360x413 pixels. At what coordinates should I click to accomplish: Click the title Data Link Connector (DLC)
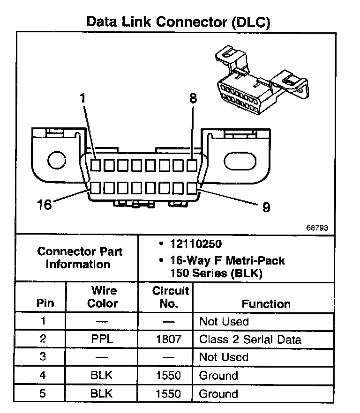coord(179,22)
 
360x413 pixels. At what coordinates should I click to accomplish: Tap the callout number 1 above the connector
coord(82,98)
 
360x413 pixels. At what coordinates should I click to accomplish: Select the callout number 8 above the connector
coord(193,98)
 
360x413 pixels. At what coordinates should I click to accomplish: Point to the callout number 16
coord(45,205)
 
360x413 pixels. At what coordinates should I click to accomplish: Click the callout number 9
coord(266,206)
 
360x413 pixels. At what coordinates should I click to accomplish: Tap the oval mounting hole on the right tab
coord(240,161)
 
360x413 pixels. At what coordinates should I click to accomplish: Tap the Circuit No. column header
coord(170,297)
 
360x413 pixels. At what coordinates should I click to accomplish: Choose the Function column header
coord(266,303)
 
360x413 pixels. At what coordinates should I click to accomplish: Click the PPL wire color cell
coord(102,339)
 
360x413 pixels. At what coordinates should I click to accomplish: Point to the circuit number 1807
coord(168,339)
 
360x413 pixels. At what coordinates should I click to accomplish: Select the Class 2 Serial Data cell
coord(250,339)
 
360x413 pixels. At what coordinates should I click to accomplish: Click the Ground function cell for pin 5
coord(218,393)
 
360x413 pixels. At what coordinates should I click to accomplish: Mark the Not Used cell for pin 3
coord(224,357)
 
